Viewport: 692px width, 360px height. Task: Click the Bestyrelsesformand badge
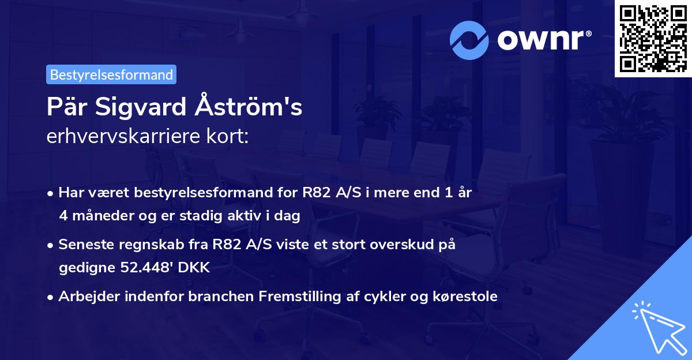pyautogui.click(x=111, y=74)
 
